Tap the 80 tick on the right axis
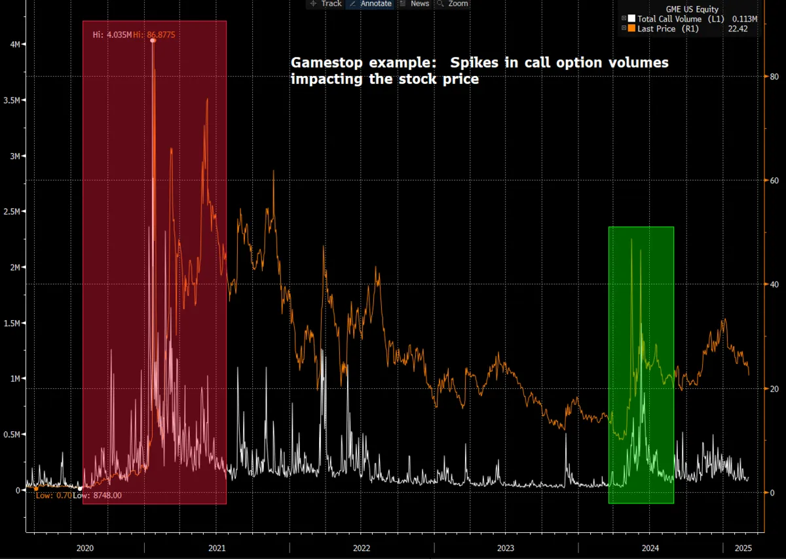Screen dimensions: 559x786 tap(774, 77)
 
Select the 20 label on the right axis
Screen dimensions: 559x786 tap(774, 389)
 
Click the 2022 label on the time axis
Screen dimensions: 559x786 tap(361, 548)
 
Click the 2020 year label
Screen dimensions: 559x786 tap(86, 548)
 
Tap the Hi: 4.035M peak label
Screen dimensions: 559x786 tap(112, 34)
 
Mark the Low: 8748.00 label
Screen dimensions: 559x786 tap(97, 496)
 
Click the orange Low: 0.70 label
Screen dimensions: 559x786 tap(53, 496)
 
